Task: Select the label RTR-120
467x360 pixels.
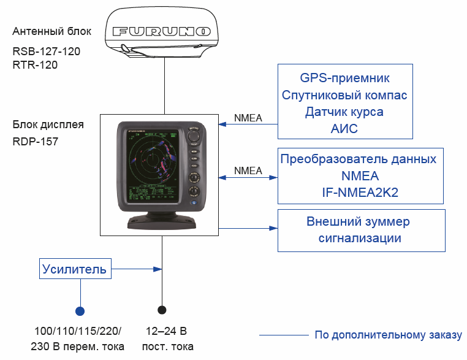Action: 35,64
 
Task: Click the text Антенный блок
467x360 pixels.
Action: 51,31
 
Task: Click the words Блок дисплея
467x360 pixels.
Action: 48,125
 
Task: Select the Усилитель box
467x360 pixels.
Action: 74,269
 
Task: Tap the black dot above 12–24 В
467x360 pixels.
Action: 162,310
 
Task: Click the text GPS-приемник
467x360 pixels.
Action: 344,79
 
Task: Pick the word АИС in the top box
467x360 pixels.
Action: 344,129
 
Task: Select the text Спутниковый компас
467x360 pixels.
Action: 344,96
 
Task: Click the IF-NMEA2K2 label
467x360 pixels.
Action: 360,193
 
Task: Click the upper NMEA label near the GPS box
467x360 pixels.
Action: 248,118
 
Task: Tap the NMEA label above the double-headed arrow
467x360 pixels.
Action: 248,170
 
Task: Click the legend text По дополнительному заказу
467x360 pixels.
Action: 388,335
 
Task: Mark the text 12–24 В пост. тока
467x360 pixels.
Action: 166,339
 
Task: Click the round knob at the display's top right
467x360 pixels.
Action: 196,136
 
